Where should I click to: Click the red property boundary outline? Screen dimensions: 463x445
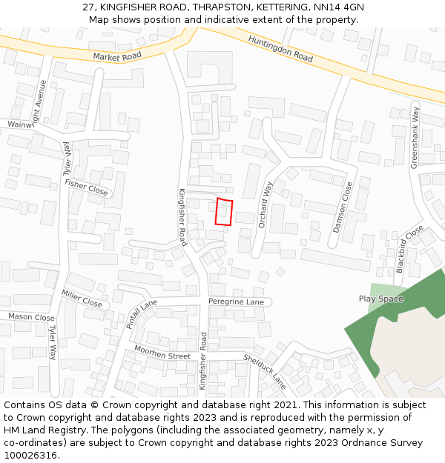coord(224,212)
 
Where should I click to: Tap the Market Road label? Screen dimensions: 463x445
coord(117,56)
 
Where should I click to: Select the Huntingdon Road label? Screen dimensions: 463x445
coord(280,48)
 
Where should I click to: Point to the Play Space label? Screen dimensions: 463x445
coord(381,299)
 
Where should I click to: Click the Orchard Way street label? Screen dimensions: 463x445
coord(266,204)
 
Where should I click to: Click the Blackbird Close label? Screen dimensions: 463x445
coord(409,249)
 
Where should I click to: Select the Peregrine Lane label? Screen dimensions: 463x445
coord(236,302)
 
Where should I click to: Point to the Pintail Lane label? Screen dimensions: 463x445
coord(142,313)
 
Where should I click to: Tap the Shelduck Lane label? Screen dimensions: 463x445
coord(265,371)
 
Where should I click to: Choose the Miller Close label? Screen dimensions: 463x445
coord(82,299)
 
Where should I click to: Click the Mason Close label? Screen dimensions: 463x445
coord(31,317)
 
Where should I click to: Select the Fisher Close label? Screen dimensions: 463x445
coord(86,187)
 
